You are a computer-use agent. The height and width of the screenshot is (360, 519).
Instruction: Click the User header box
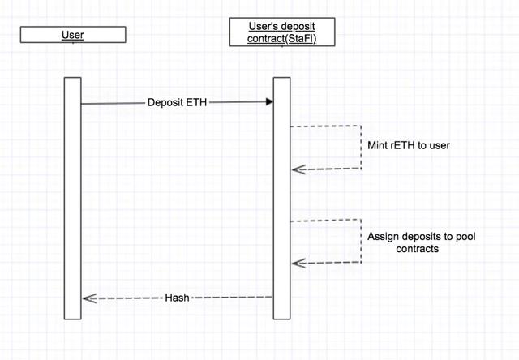click(x=73, y=35)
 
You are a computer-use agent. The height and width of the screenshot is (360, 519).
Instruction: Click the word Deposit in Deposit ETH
click(x=166, y=103)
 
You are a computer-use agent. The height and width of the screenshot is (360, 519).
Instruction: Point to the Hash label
click(x=177, y=298)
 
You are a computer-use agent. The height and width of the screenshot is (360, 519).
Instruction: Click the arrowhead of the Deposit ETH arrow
click(x=268, y=102)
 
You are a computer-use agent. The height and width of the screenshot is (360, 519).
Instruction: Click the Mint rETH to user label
click(x=409, y=145)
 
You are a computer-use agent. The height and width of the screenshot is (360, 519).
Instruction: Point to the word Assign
click(x=382, y=236)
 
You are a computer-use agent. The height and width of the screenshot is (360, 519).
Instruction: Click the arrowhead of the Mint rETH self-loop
click(x=298, y=169)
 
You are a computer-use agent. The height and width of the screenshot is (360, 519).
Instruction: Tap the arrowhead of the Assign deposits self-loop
click(x=298, y=262)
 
